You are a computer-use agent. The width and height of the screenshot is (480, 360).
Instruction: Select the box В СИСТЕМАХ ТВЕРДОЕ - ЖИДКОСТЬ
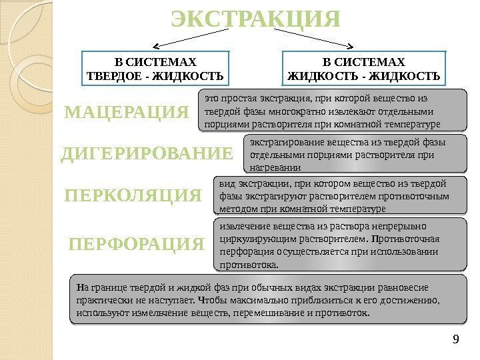[x=155, y=69]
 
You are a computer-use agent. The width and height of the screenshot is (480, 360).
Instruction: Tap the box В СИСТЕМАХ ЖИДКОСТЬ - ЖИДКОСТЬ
[x=364, y=69]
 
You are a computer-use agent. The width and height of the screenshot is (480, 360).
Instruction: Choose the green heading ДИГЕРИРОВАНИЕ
[x=147, y=155]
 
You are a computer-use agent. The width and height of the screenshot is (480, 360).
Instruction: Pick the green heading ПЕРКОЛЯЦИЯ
[x=133, y=196]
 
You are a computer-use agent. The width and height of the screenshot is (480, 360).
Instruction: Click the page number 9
[x=455, y=342]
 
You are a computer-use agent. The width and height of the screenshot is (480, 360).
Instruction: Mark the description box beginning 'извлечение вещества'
[x=340, y=245]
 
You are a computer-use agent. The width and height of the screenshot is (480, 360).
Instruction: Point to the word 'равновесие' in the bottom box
[x=404, y=287]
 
